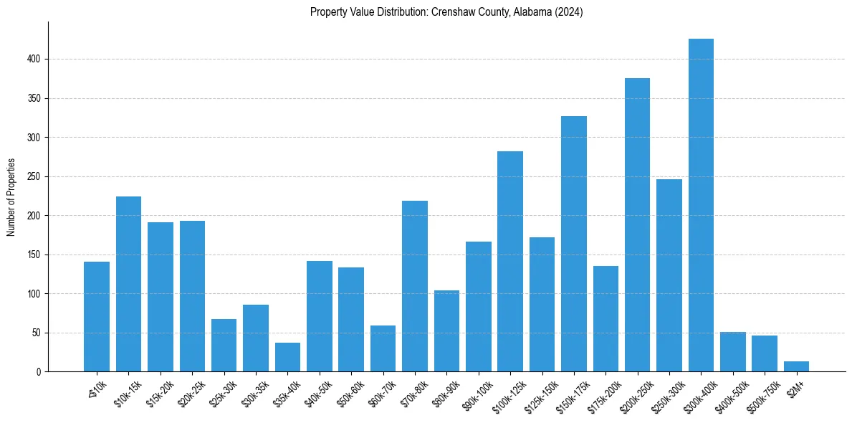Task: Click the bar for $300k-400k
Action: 701,205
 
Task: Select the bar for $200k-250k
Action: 637,224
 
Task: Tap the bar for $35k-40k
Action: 287,357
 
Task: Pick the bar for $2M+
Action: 796,366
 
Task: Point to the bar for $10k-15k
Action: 128,284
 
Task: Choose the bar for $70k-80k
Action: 415,286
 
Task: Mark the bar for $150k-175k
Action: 573,244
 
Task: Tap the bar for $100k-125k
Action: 510,261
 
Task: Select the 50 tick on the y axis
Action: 39,333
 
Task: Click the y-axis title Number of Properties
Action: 11,197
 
